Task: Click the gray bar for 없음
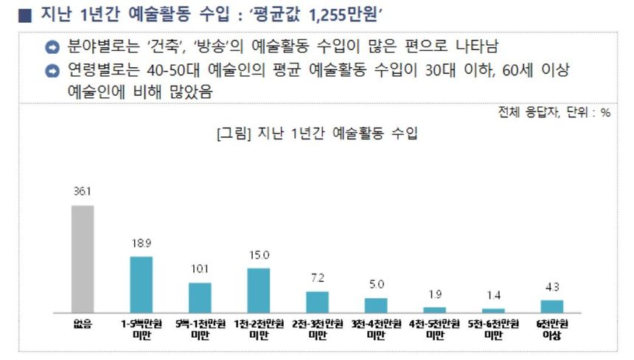pos(83,259)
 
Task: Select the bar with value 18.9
pos(141,285)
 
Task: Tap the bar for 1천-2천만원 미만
pos(258,291)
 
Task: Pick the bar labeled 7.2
pos(317,302)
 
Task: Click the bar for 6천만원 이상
pos(551,306)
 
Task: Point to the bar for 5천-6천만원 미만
pos(493,311)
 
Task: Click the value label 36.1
pos(82,192)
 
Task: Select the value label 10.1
pos(200,269)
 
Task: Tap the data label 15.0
pos(258,255)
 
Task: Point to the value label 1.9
pos(435,294)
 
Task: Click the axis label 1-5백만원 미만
pos(141,330)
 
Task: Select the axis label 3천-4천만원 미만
pos(376,330)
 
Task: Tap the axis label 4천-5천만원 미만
pos(435,330)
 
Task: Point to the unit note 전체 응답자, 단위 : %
pos(555,113)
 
